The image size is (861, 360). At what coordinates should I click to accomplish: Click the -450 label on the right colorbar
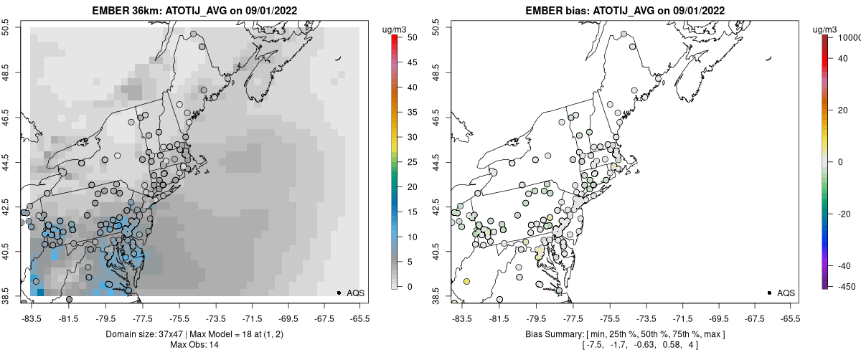(847, 287)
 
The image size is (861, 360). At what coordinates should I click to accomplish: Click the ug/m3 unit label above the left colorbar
(395, 29)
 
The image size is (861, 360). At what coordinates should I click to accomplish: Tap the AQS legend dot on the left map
(338, 293)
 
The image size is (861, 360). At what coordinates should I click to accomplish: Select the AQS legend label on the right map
(786, 293)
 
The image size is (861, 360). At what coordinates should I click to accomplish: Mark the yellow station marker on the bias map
(466, 281)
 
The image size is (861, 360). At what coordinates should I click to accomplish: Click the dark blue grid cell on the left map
(40, 291)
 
